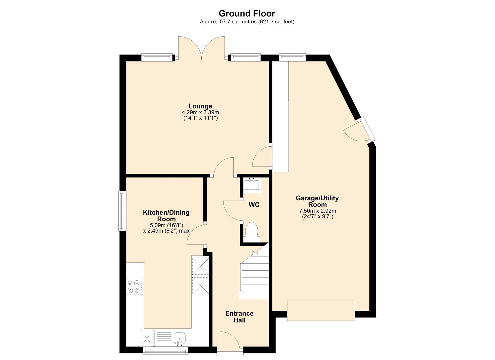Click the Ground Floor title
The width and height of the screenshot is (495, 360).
pyautogui.click(x=247, y=13)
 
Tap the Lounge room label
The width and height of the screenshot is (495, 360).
pyautogui.click(x=200, y=106)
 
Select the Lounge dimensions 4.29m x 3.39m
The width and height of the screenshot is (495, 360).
pyautogui.click(x=200, y=112)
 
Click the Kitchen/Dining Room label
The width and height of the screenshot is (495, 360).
pyautogui.click(x=166, y=216)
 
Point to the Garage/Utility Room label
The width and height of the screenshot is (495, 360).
pyautogui.click(x=317, y=201)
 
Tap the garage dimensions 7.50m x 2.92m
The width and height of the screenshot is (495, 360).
pyautogui.click(x=317, y=211)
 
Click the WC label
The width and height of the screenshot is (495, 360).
pyautogui.click(x=254, y=205)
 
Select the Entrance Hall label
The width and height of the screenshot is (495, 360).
pyautogui.click(x=239, y=317)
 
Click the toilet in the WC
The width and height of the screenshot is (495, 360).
pyautogui.click(x=251, y=231)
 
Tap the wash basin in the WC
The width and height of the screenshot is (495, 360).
pyautogui.click(x=251, y=184)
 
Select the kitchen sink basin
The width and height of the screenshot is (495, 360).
pyautogui.click(x=180, y=338)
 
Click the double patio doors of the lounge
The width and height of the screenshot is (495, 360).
pyautogui.click(x=201, y=48)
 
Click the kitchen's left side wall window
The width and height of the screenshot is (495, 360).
pyautogui.click(x=122, y=211)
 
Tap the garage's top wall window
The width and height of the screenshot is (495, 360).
pyautogui.click(x=292, y=57)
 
